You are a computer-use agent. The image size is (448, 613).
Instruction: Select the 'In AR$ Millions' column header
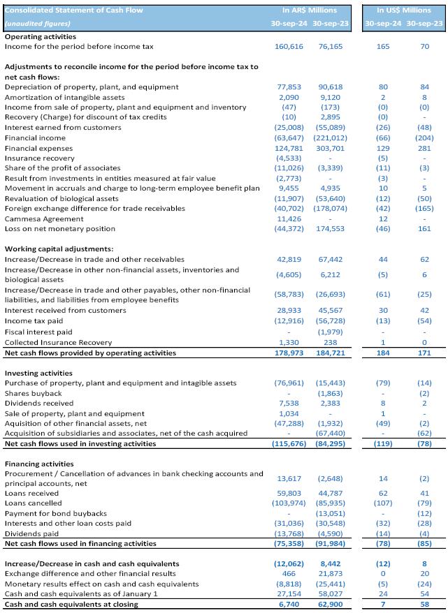(309, 10)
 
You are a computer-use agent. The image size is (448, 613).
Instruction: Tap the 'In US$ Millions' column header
(404, 10)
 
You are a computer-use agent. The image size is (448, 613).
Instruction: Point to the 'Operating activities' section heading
(41, 36)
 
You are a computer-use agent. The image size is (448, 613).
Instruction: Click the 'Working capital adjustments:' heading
(59, 249)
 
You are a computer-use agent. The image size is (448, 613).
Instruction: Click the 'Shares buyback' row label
(34, 393)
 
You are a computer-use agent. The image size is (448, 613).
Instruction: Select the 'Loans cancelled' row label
(33, 503)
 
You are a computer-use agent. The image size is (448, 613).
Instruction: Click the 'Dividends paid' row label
(31, 533)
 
